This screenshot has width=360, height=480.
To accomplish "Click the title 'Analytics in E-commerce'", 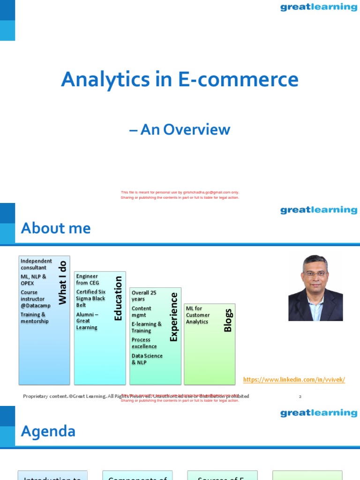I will tap(180, 80).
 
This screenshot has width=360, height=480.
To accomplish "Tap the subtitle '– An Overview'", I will tap(180, 129).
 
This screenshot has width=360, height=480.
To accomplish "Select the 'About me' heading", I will tap(56, 228).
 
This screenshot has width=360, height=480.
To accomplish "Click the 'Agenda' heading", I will tap(48, 431).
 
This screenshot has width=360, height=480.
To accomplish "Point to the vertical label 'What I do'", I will tap(62, 283).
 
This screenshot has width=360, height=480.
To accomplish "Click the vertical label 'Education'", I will tap(118, 298).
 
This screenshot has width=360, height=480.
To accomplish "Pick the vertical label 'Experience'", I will tap(174, 316).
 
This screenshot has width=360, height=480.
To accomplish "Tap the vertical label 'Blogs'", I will tap(228, 320).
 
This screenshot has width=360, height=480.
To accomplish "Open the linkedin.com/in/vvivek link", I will tap(294, 380).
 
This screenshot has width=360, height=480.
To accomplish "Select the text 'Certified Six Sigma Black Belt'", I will tap(91, 298).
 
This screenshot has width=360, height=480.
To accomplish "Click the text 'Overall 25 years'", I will tap(144, 296).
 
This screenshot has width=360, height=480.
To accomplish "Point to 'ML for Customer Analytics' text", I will tap(198, 315).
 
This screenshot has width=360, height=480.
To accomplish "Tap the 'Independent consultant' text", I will tap(36, 264).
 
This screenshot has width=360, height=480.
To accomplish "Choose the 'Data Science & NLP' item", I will tap(147, 359).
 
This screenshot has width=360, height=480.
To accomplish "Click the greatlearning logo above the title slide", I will tap(318, 7).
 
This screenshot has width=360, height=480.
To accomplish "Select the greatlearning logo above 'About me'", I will tap(318, 210).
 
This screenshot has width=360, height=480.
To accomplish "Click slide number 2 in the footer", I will tap(300, 397).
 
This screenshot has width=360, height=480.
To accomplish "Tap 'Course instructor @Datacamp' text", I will tap(35, 299).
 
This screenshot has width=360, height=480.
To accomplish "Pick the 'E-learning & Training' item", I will tap(146, 327).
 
